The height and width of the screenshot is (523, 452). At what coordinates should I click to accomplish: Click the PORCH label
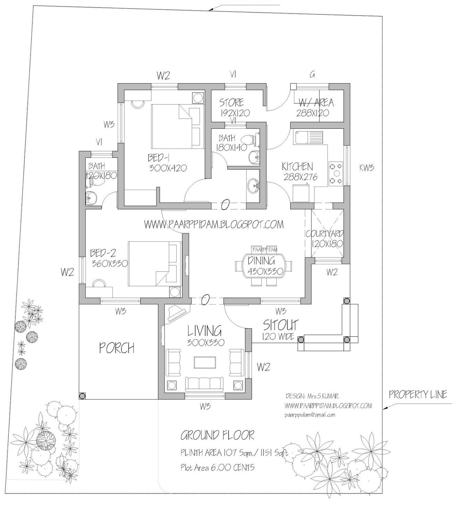[117, 348]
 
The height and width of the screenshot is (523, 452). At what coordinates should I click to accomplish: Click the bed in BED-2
[155, 264]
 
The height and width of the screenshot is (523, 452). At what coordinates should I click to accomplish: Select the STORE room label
[232, 103]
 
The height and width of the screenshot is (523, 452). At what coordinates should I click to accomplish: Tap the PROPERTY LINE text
[418, 395]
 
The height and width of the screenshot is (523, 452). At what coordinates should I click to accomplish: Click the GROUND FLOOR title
[217, 435]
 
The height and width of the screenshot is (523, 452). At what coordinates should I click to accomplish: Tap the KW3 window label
[367, 168]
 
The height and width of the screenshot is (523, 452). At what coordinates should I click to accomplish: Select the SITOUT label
[281, 325]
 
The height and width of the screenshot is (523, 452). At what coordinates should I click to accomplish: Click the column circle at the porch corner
[82, 396]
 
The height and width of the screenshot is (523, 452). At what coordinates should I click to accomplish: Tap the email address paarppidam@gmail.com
[310, 415]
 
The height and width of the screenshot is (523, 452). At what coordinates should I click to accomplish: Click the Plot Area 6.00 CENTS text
[217, 468]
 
